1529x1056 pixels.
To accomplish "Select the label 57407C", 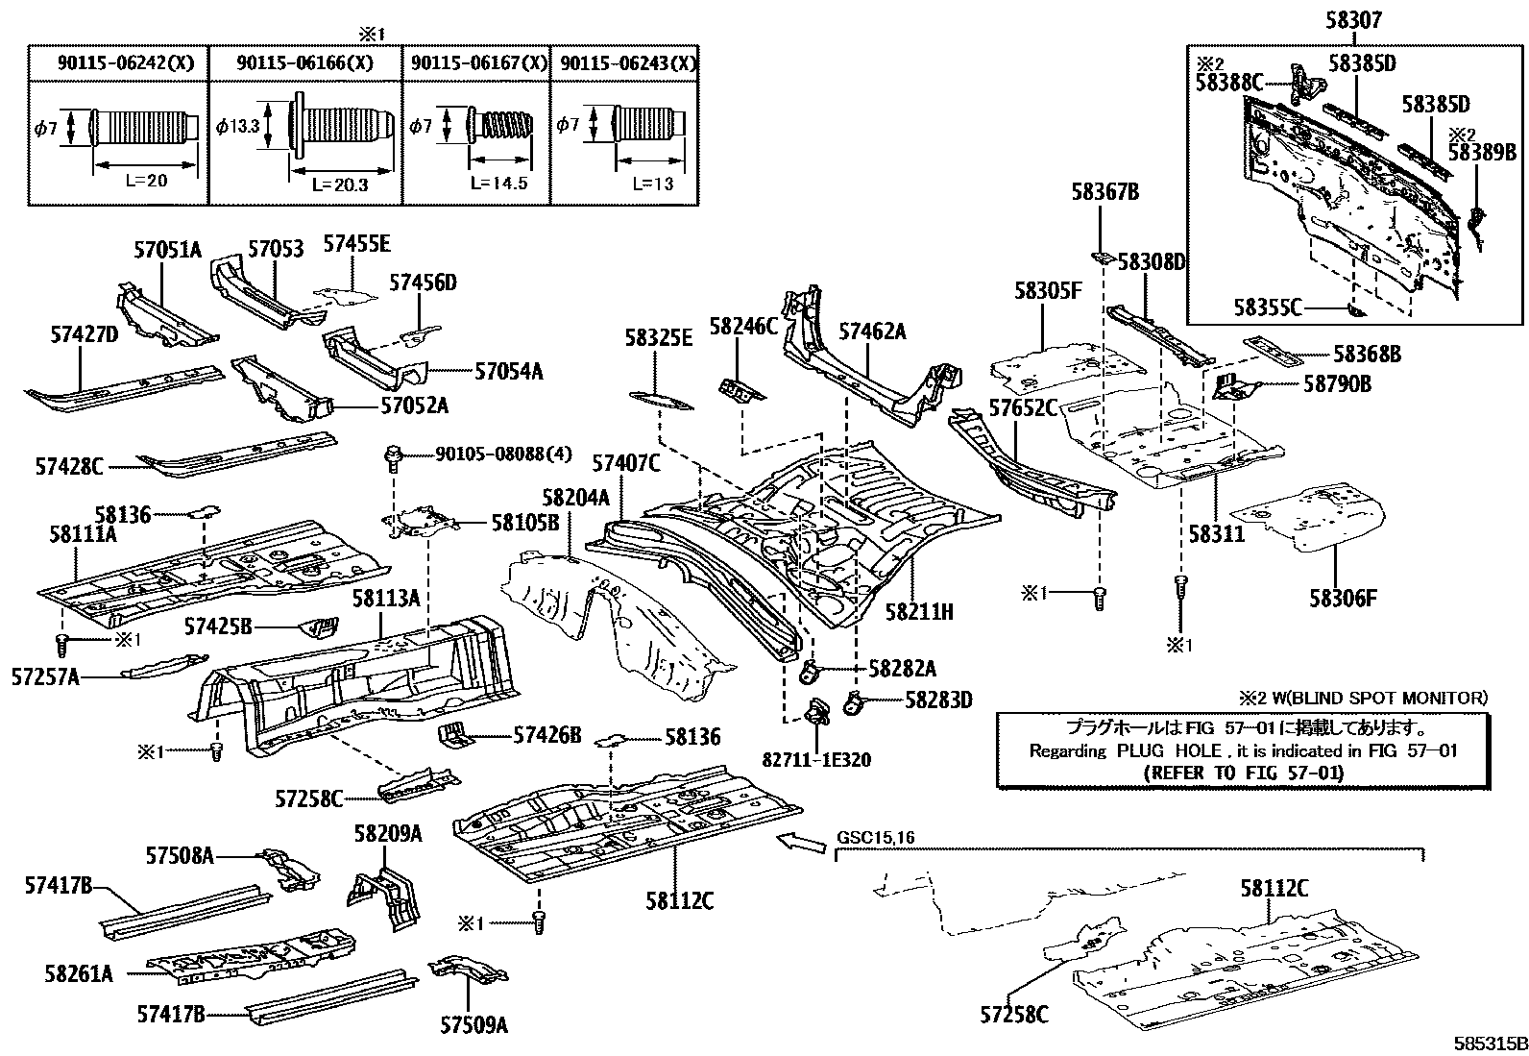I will tap(625, 464).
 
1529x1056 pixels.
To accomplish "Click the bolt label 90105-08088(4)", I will tap(489, 453).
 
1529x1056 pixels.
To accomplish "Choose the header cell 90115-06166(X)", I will tap(304, 63).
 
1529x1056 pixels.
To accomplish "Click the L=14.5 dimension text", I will tap(498, 183).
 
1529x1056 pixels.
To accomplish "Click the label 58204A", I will tap(575, 498).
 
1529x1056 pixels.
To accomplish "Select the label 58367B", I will tap(1104, 193).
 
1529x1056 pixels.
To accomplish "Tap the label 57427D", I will tap(84, 333).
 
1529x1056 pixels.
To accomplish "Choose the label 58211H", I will tap(919, 610).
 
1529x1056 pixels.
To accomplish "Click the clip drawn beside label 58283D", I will tap(852, 704).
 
